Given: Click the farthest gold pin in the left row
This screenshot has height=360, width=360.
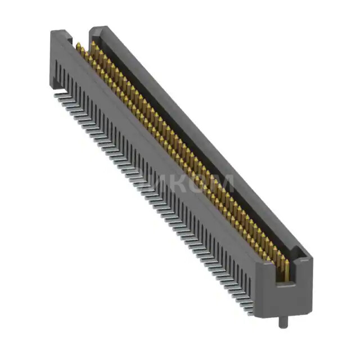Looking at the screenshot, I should pos(79,47).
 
